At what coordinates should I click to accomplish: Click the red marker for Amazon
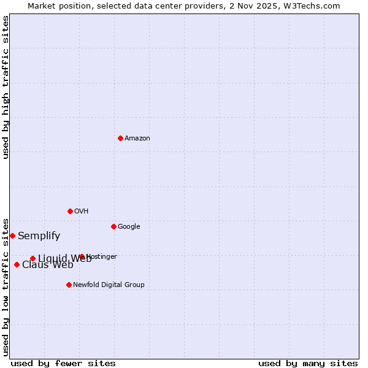pos(120,138)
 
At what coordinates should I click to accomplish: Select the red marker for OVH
pos(70,211)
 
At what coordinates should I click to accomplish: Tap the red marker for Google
pos(113,226)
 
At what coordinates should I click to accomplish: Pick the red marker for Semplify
pos(12,236)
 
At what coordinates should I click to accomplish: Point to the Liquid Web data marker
pos(33,258)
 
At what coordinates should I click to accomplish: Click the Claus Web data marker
pos(17,264)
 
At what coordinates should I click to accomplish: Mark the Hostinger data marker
pos(82,256)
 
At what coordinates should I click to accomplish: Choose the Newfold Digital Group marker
pos(69,285)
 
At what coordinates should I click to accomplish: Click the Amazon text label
pos(137,139)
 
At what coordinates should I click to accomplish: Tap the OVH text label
pos(82,212)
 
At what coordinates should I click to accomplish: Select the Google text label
pos(129,227)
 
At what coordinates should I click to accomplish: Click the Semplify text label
pos(39,236)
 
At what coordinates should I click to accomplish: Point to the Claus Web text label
pos(47,265)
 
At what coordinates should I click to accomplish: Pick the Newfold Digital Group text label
pos(109,285)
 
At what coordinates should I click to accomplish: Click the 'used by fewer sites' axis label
pos(63,364)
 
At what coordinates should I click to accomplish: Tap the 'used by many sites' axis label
pos(308,364)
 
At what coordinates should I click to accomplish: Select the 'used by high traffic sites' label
pos(6,87)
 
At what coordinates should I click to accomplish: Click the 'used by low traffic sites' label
pos(6,286)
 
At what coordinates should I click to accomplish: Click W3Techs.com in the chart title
pos(314,6)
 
